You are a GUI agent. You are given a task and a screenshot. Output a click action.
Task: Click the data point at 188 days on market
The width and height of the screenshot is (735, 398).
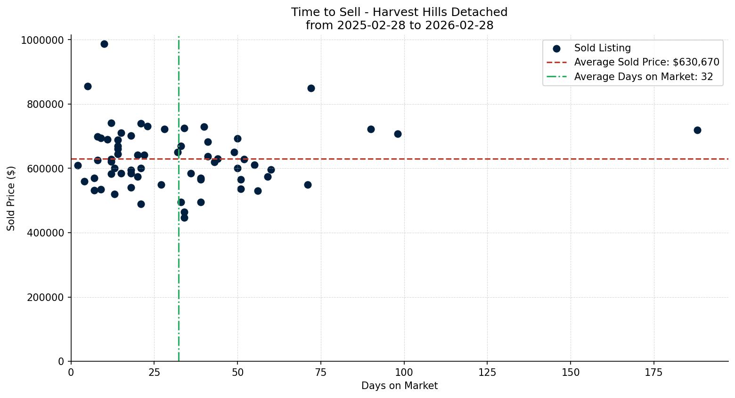pyautogui.click(x=697, y=130)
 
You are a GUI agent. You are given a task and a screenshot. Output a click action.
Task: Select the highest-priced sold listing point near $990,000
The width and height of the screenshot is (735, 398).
pyautogui.click(x=104, y=44)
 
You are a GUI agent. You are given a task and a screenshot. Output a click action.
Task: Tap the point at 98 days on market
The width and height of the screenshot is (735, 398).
pyautogui.click(x=398, y=134)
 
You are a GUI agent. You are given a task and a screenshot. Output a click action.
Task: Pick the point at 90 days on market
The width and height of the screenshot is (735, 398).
pyautogui.click(x=371, y=129)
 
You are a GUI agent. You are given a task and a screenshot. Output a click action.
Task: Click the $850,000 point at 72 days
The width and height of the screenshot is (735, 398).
pyautogui.click(x=311, y=88)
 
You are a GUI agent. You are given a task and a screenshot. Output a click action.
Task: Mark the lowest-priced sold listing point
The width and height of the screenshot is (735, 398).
pyautogui.click(x=184, y=218)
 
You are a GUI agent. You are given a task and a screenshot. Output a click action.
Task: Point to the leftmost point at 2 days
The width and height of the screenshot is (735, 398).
pyautogui.click(x=78, y=165)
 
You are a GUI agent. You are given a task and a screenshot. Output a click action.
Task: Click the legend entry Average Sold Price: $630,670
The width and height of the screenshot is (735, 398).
pyautogui.click(x=646, y=62)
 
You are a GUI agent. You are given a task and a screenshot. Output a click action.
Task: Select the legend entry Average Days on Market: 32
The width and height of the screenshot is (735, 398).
pyautogui.click(x=643, y=77)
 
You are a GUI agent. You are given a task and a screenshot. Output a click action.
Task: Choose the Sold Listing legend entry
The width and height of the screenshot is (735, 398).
pyautogui.click(x=602, y=48)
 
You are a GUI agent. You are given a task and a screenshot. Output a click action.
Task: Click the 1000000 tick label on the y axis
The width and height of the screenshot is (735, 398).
pyautogui.click(x=42, y=40)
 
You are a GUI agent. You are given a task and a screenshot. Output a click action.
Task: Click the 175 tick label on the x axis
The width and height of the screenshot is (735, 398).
pyautogui.click(x=653, y=373)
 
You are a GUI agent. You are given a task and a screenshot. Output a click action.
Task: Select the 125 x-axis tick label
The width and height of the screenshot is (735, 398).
pyautogui.click(x=487, y=373)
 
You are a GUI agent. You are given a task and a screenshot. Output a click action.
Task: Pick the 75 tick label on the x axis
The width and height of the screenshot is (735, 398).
pyautogui.click(x=320, y=373)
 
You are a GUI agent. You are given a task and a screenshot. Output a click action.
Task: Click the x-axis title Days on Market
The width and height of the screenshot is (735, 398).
pyautogui.click(x=400, y=386)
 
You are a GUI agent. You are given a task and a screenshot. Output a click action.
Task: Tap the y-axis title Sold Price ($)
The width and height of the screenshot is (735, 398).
pyautogui.click(x=11, y=198)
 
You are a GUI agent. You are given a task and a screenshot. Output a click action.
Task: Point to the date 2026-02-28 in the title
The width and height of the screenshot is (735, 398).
pyautogui.click(x=459, y=25)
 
